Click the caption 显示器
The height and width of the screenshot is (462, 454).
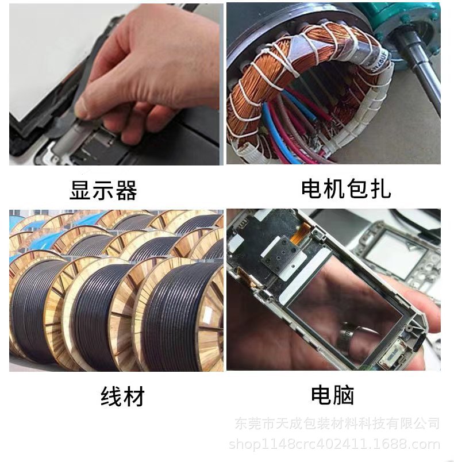[103, 190]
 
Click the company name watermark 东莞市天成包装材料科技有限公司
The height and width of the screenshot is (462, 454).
[337, 424]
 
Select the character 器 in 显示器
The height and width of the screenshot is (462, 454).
[126, 190]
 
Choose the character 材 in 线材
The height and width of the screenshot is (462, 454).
[133, 396]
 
